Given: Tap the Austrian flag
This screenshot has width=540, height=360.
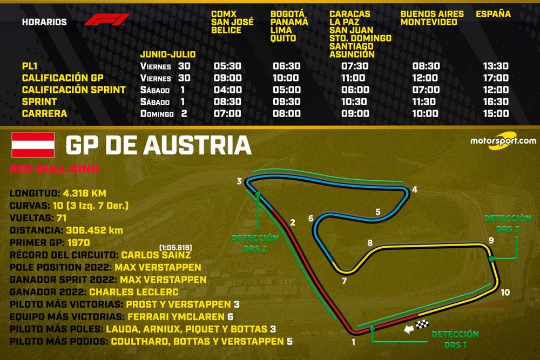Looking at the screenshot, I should point(33,144).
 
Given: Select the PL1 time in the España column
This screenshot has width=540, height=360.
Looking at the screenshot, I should point(496,66).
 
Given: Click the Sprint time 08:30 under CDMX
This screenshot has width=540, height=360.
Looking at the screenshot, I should point(225,101).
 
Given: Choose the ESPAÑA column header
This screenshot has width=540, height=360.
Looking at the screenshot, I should point(492,14).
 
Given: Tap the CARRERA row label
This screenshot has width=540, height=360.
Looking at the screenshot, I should point(44,113).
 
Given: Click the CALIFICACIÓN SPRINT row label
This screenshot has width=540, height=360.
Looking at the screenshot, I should point(74,90).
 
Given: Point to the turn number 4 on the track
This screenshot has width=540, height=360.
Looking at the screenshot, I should point(414,189).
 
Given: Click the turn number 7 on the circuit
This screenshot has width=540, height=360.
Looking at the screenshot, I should point(343,281).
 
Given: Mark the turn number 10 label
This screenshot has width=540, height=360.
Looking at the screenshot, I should point(504,293).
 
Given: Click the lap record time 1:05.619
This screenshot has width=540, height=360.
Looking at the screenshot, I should point(174,247).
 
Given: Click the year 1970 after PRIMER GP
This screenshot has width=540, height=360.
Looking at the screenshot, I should point(79,242).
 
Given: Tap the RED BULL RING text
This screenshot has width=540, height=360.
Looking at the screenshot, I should point(54,169).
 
